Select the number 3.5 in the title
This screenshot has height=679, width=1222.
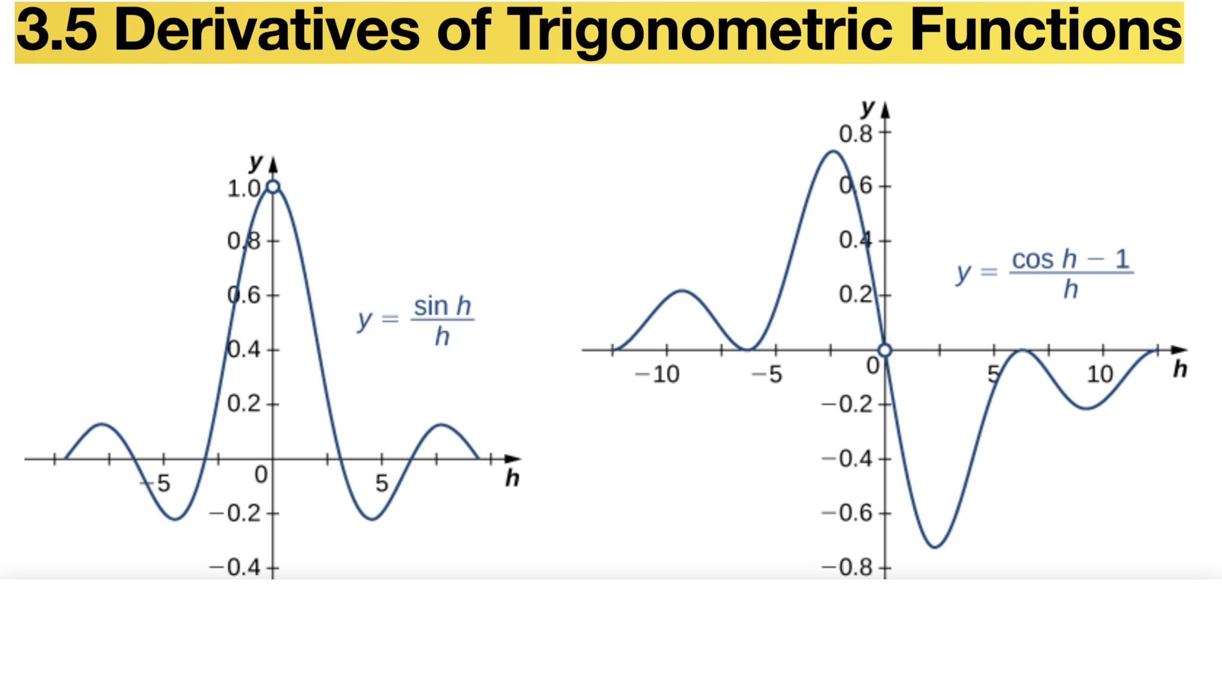click(x=57, y=30)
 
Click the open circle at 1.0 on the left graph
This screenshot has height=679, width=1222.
click(x=273, y=187)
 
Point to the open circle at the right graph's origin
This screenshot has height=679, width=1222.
click(x=885, y=350)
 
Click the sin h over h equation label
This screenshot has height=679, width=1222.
click(x=415, y=321)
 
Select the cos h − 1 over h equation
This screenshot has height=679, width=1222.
click(x=1044, y=273)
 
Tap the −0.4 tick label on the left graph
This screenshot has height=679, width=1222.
click(x=235, y=567)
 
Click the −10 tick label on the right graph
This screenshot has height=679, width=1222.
click(x=657, y=375)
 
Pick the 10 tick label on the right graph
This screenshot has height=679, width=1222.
click(x=1100, y=375)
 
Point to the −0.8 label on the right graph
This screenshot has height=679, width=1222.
click(x=847, y=567)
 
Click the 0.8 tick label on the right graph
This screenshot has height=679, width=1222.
click(x=856, y=134)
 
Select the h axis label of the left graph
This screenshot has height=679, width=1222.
click(x=512, y=478)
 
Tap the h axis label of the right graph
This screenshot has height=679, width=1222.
click(x=1180, y=369)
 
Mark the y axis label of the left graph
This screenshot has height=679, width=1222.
click(x=256, y=162)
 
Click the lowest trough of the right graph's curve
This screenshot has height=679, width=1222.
click(x=934, y=547)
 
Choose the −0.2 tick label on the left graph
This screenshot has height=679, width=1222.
click(x=235, y=513)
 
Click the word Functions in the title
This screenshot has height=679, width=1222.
click(x=1046, y=30)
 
